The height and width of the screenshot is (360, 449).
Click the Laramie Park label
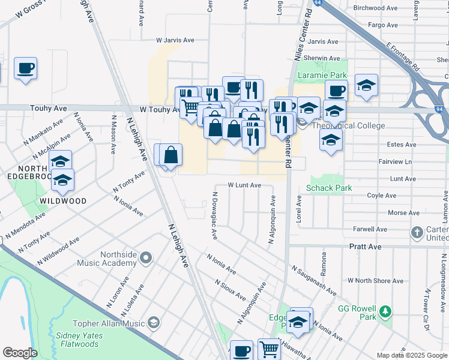[327, 76]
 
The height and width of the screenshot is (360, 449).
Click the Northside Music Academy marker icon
[146, 259]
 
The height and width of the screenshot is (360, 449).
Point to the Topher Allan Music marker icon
[154, 323]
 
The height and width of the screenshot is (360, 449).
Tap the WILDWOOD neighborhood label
[63, 201]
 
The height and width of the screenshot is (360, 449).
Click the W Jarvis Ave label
[175, 40]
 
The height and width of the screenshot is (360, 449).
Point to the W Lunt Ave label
[244, 185]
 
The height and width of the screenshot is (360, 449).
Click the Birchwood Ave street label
[376, 8]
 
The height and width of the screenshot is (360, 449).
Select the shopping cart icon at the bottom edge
[270, 349]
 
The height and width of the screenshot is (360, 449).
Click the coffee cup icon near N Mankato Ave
[26, 68]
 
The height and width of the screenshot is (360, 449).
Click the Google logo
[20, 353]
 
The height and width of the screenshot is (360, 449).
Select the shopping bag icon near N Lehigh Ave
[171, 155]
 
